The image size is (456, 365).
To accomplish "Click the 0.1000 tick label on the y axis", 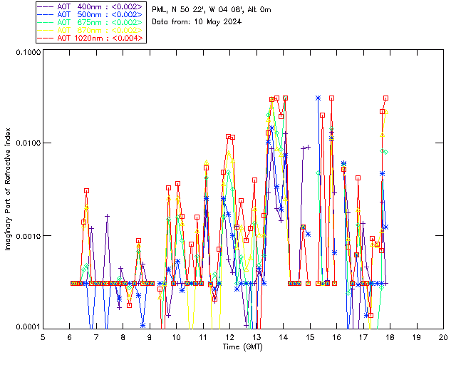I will click(26, 52).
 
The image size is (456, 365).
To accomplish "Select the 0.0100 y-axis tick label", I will click(26, 143).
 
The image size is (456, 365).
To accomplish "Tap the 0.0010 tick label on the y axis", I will click(26, 235).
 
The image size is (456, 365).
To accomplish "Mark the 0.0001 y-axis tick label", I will click(26, 327).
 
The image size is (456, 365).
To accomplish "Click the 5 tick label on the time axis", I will click(43, 336).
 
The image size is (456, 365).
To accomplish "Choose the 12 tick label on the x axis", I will click(229, 336).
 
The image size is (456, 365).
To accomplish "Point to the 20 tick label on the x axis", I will click(443, 336).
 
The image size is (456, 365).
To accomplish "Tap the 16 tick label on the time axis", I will click(336, 336).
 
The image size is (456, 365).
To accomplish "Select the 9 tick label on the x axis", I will click(150, 336).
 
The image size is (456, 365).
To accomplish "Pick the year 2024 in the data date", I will click(232, 21).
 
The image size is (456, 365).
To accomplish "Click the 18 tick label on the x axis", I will click(390, 336).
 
